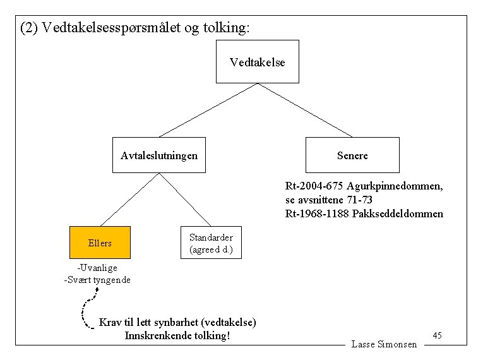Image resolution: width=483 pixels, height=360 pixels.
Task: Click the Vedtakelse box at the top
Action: tap(257, 62)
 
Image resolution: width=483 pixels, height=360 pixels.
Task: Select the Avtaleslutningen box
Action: tap(158, 155)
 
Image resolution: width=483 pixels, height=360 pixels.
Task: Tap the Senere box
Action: tap(352, 155)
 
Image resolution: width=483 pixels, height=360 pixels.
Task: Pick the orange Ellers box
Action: tap(100, 243)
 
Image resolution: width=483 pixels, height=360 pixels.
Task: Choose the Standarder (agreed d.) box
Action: tap(211, 243)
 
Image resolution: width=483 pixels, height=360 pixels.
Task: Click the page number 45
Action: tap(437, 335)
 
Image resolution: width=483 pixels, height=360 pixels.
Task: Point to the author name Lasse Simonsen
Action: tap(384, 344)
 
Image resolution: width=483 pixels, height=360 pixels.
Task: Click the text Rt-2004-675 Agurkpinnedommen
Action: tap(364, 186)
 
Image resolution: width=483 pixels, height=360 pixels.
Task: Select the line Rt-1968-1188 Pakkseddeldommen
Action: tap(364, 213)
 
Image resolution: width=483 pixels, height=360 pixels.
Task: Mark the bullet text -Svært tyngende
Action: tap(97, 280)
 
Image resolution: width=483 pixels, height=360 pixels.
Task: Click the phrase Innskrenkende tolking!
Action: tap(177, 335)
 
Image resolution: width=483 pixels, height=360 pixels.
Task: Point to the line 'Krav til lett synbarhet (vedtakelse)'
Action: tap(177, 322)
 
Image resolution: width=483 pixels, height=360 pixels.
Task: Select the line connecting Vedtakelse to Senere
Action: tap(304, 110)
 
